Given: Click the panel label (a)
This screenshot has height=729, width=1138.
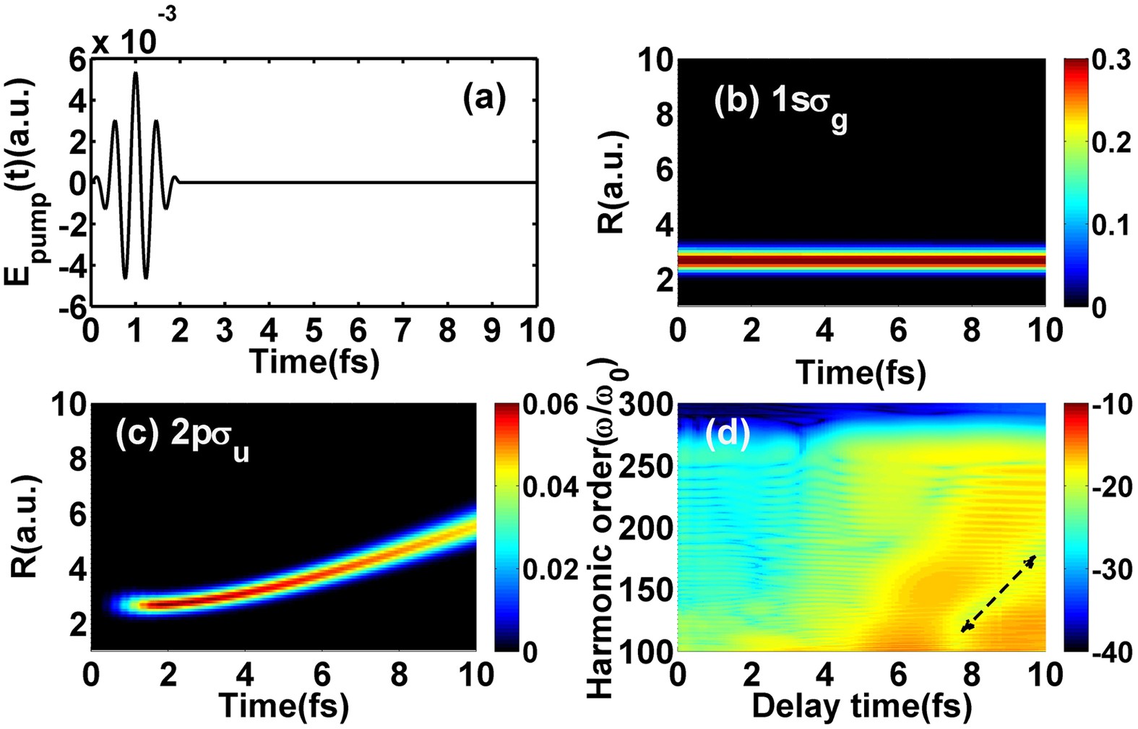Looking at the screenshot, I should coord(484,98).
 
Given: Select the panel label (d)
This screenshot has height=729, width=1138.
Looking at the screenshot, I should coord(727,433).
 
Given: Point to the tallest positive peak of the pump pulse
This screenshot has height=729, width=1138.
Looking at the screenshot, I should coord(135,74).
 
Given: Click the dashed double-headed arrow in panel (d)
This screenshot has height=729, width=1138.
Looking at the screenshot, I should coord(999,593).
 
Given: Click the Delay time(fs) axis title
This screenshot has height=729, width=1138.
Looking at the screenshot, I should coord(861,706).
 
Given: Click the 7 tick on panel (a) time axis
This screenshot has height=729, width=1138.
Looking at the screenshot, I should coord(402,331).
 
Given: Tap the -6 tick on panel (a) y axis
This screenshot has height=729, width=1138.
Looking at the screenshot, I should coord(72,306).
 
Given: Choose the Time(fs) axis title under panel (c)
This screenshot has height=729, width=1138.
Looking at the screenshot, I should coord(283,706).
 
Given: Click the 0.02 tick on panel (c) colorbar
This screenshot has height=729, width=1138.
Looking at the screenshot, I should coord(551,570).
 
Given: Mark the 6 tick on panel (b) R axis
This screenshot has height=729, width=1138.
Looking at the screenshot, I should coord(664,171).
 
